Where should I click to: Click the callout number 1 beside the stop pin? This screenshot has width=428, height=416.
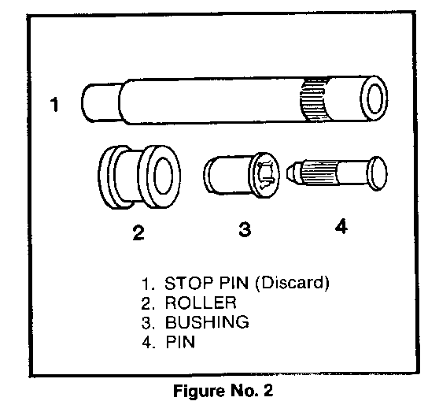pos(54,104)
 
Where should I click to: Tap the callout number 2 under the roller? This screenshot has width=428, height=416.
pos(138,232)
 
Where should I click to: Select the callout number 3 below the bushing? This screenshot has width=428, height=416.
pos(245,229)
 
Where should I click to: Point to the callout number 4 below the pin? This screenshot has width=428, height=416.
pos(341,226)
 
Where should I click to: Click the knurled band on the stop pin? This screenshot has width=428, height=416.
pos(314,100)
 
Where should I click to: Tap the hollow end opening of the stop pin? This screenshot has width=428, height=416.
pos(374,98)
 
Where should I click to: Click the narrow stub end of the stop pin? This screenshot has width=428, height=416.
pos(101,102)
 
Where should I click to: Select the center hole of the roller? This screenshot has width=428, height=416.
pos(163,176)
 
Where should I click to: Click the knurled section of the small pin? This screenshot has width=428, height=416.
pos(319,173)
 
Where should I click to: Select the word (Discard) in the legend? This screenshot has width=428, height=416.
pos(292,283)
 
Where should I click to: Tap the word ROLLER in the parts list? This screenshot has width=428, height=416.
pos(201,303)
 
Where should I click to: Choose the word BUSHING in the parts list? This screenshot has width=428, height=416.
pos(207,322)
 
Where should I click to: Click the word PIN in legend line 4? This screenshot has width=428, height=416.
pos(180,342)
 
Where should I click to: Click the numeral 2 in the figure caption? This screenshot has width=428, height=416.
pos(268,390)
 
